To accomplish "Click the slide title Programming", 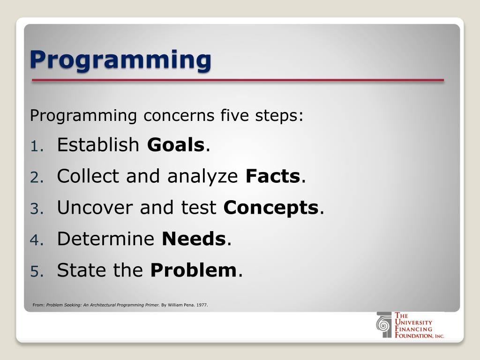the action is (x=120, y=60).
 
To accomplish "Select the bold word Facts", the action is (x=273, y=176).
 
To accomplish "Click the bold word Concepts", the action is (x=271, y=208).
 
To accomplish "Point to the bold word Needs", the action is (x=194, y=239).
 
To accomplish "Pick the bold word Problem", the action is (x=194, y=270).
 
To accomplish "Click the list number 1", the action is (x=37, y=146).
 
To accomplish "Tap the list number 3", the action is (x=37, y=209).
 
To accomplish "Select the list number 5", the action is (x=37, y=271).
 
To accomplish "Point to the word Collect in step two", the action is (x=88, y=176).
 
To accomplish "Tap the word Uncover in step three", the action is (x=95, y=207).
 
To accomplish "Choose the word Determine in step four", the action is (x=105, y=239).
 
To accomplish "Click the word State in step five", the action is (x=82, y=270).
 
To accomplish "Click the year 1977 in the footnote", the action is (x=202, y=305).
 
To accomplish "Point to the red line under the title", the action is (x=238, y=80).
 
